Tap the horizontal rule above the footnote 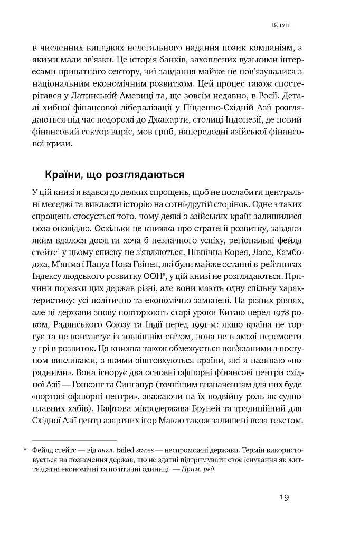click(x=74, y=440)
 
